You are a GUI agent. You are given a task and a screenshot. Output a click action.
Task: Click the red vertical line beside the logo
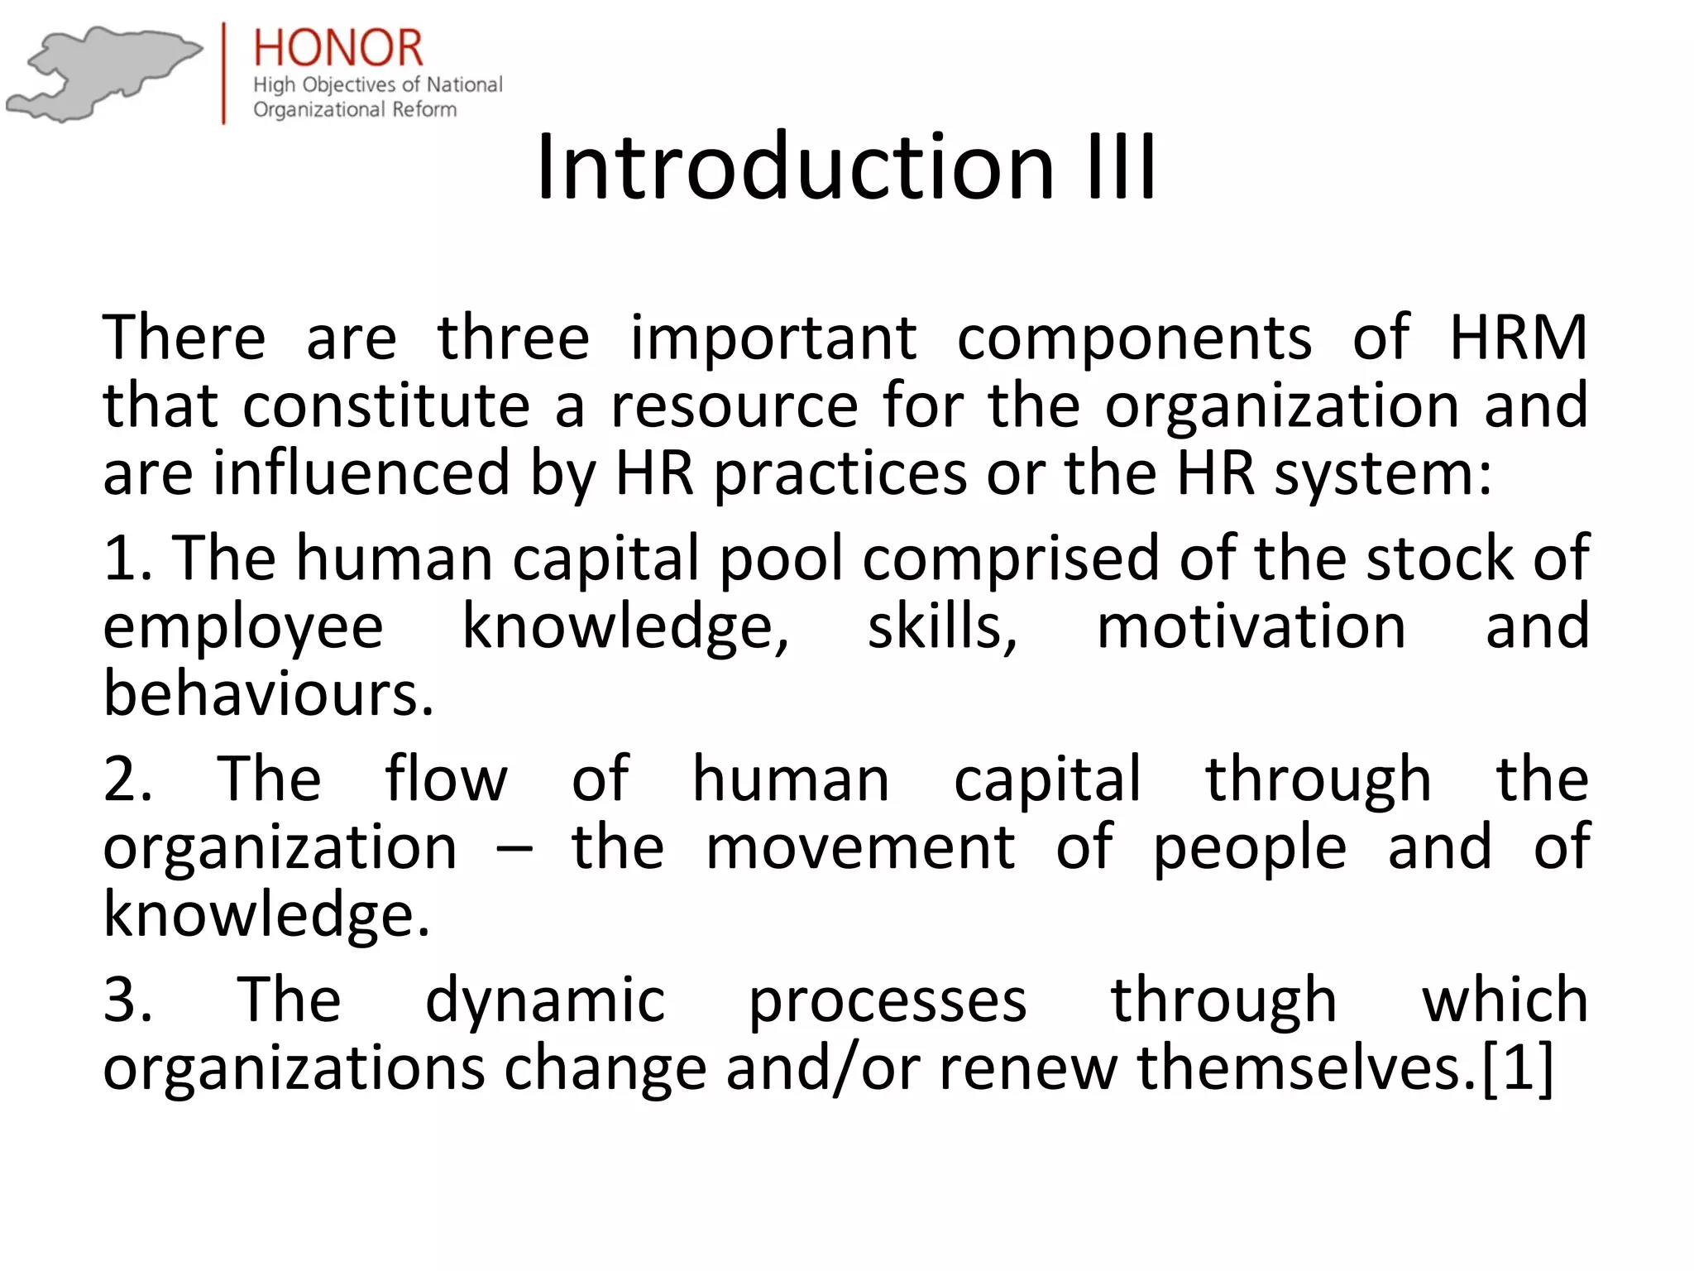[x=224, y=73]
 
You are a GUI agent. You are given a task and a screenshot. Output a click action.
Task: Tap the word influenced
[x=361, y=473]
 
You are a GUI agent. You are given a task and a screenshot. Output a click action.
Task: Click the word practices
[x=840, y=475]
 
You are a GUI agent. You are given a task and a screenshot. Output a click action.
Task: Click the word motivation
[x=1251, y=626]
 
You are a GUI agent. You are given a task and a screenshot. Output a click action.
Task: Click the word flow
[x=446, y=779]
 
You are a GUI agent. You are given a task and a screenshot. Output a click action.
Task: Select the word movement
[x=860, y=847]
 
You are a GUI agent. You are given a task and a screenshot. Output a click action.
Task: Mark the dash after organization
[x=514, y=849]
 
